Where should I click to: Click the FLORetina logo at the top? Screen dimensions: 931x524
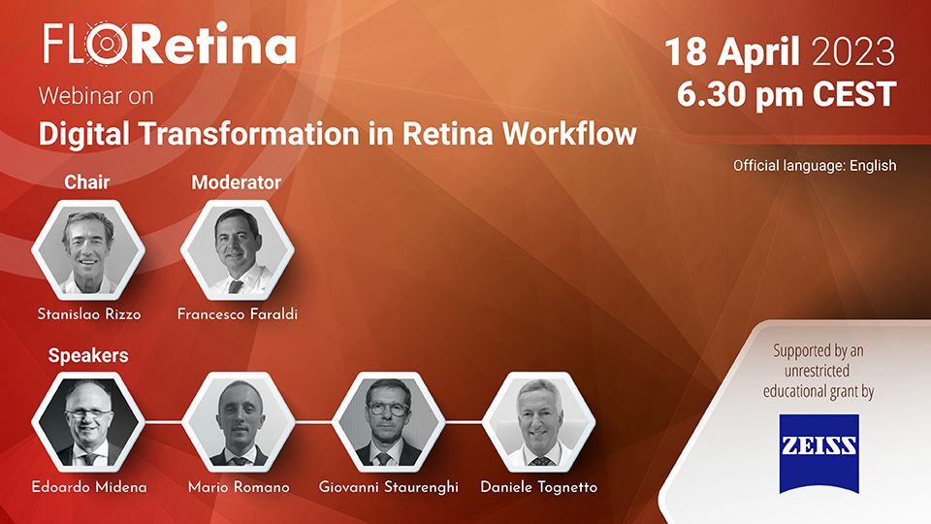click(170, 44)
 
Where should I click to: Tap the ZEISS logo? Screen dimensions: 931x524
click(819, 453)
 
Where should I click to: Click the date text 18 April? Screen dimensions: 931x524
click(732, 51)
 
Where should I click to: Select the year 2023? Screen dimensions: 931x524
click(853, 51)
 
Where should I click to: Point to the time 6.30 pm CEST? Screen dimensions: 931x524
click(787, 94)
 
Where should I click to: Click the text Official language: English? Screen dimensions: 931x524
click(815, 165)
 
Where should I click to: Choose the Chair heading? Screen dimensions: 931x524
click(86, 181)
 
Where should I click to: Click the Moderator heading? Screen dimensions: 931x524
click(237, 182)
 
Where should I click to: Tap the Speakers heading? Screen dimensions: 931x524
click(88, 355)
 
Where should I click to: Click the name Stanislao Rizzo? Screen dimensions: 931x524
click(89, 314)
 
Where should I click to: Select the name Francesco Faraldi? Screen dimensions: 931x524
click(238, 314)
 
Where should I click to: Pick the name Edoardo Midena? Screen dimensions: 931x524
click(89, 487)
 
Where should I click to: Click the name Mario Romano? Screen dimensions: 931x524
click(239, 487)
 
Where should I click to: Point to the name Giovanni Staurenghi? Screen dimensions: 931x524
click(388, 487)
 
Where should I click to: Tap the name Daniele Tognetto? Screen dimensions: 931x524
click(538, 487)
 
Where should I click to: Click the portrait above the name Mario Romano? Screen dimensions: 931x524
click(239, 422)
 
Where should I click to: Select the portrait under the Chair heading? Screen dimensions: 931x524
click(88, 249)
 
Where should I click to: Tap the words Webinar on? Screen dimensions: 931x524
click(96, 96)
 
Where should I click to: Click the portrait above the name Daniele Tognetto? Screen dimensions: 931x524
click(538, 422)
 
